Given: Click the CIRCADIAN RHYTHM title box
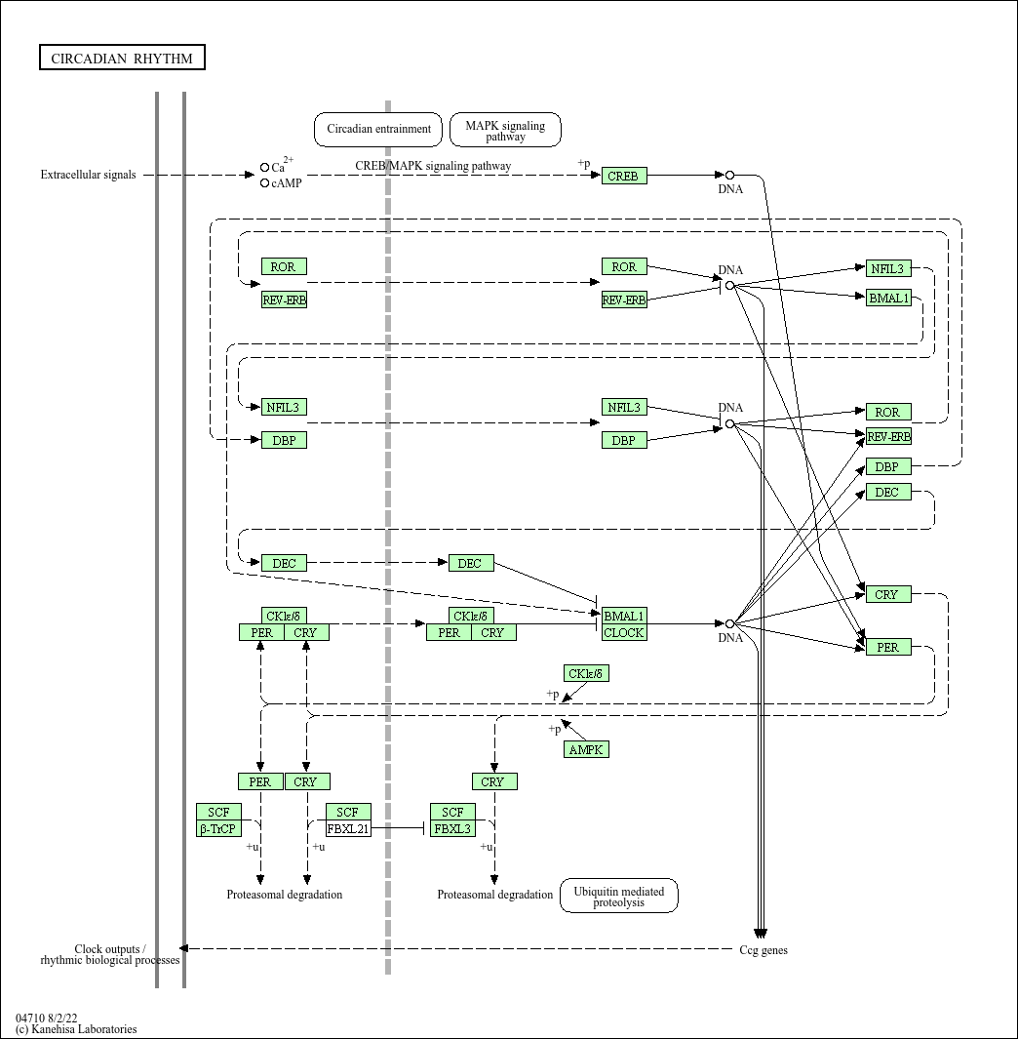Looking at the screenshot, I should [122, 59].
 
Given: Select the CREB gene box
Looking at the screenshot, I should [624, 176].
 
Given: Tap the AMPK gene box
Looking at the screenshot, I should [586, 749].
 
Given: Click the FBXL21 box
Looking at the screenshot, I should [348, 829].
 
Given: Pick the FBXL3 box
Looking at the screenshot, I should [453, 829].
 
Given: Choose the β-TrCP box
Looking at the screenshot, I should [218, 829].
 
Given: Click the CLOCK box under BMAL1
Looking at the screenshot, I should [624, 632].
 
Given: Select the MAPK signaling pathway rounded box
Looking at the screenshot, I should [505, 130].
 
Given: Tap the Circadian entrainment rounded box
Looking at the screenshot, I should [378, 129].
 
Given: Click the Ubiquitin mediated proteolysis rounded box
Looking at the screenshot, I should [618, 897].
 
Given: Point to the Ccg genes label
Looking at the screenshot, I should [763, 950].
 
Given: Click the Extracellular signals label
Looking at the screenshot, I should [88, 175].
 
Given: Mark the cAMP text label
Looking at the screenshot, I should [287, 182].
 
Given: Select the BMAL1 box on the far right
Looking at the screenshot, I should [888, 298].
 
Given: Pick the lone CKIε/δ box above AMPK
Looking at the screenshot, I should [586, 673].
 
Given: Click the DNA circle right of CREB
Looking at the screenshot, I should [729, 176].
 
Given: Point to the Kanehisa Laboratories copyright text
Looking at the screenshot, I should [76, 1028].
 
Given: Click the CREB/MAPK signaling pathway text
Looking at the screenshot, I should [433, 166].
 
